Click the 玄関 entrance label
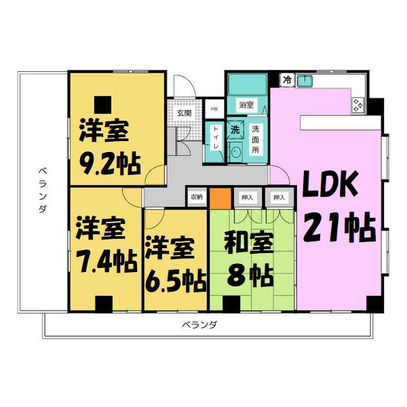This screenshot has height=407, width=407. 184,113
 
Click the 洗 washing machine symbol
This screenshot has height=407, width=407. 235,130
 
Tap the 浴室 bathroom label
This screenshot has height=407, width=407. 246,105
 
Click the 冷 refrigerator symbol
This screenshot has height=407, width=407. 287,80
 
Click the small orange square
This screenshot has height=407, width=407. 219,197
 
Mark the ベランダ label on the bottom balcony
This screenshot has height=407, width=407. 199,325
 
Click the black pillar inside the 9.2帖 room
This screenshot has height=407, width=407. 102,103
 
